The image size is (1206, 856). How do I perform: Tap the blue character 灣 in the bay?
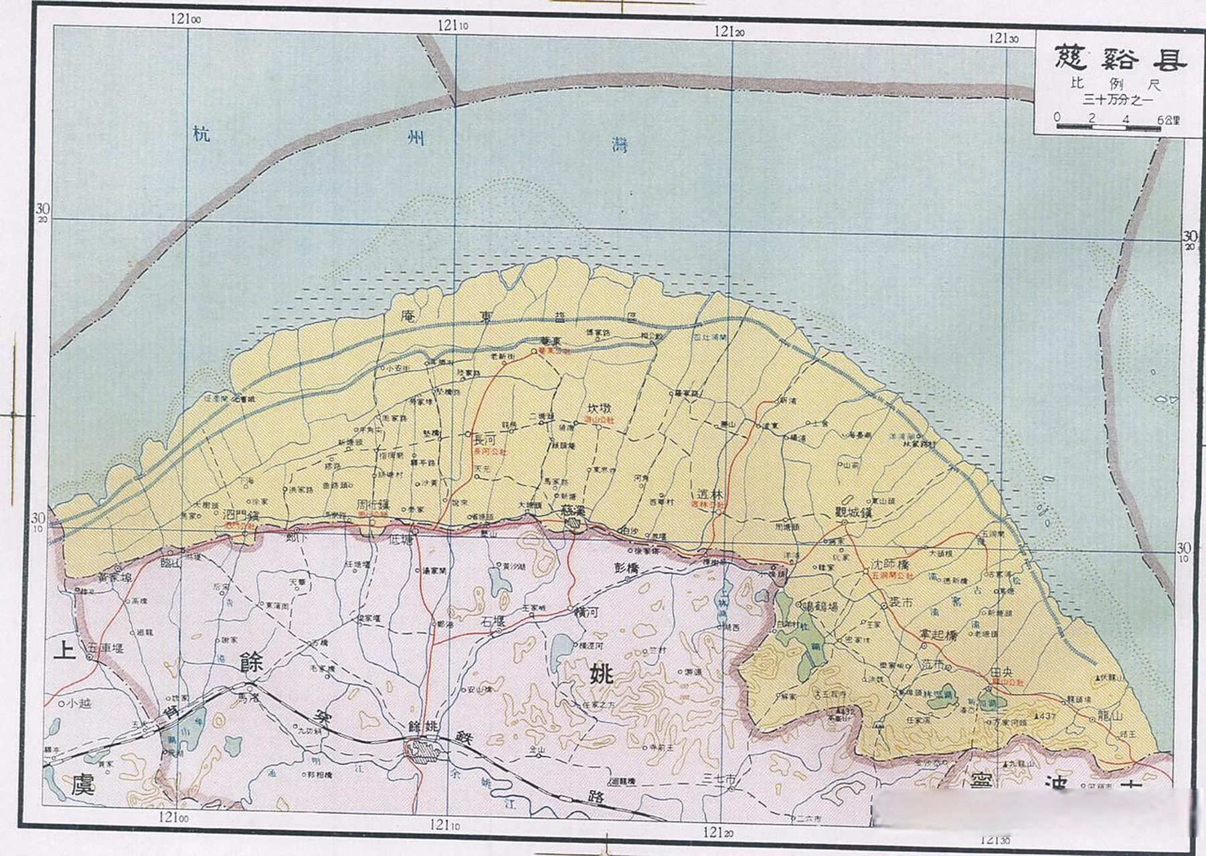(621, 146)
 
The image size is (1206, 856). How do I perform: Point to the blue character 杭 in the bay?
(201, 134)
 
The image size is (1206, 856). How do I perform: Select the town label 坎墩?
(599, 409)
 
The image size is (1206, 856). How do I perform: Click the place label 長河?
(484, 441)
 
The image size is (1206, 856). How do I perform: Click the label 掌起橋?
(938, 634)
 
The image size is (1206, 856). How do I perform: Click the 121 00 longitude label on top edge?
(185, 19)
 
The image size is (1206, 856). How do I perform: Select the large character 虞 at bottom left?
(83, 783)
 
